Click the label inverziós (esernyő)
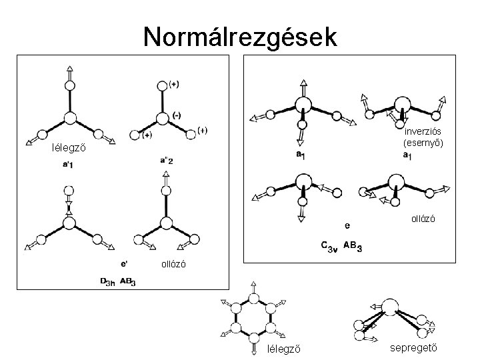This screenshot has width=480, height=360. pyautogui.click(x=423, y=137)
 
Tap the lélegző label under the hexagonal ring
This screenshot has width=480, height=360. pyautogui.click(x=283, y=348)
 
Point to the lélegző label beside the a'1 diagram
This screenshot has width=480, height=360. pyautogui.click(x=68, y=147)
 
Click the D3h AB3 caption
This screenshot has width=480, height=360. pyautogui.click(x=118, y=281)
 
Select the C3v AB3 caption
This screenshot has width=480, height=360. pyautogui.click(x=341, y=247)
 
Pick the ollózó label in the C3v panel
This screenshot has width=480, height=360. pyautogui.click(x=423, y=218)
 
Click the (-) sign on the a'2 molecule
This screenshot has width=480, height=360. pyautogui.click(x=176, y=115)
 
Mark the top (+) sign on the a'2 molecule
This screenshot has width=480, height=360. pyautogui.click(x=173, y=83)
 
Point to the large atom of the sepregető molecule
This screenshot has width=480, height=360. pyautogui.click(x=389, y=307)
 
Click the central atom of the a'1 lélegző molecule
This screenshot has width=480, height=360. pyautogui.click(x=69, y=119)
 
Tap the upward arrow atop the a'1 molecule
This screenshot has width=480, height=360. pyautogui.click(x=69, y=70)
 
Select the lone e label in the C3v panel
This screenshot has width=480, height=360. pyautogui.click(x=346, y=225)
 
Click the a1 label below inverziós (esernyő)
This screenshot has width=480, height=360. pyautogui.click(x=407, y=155)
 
